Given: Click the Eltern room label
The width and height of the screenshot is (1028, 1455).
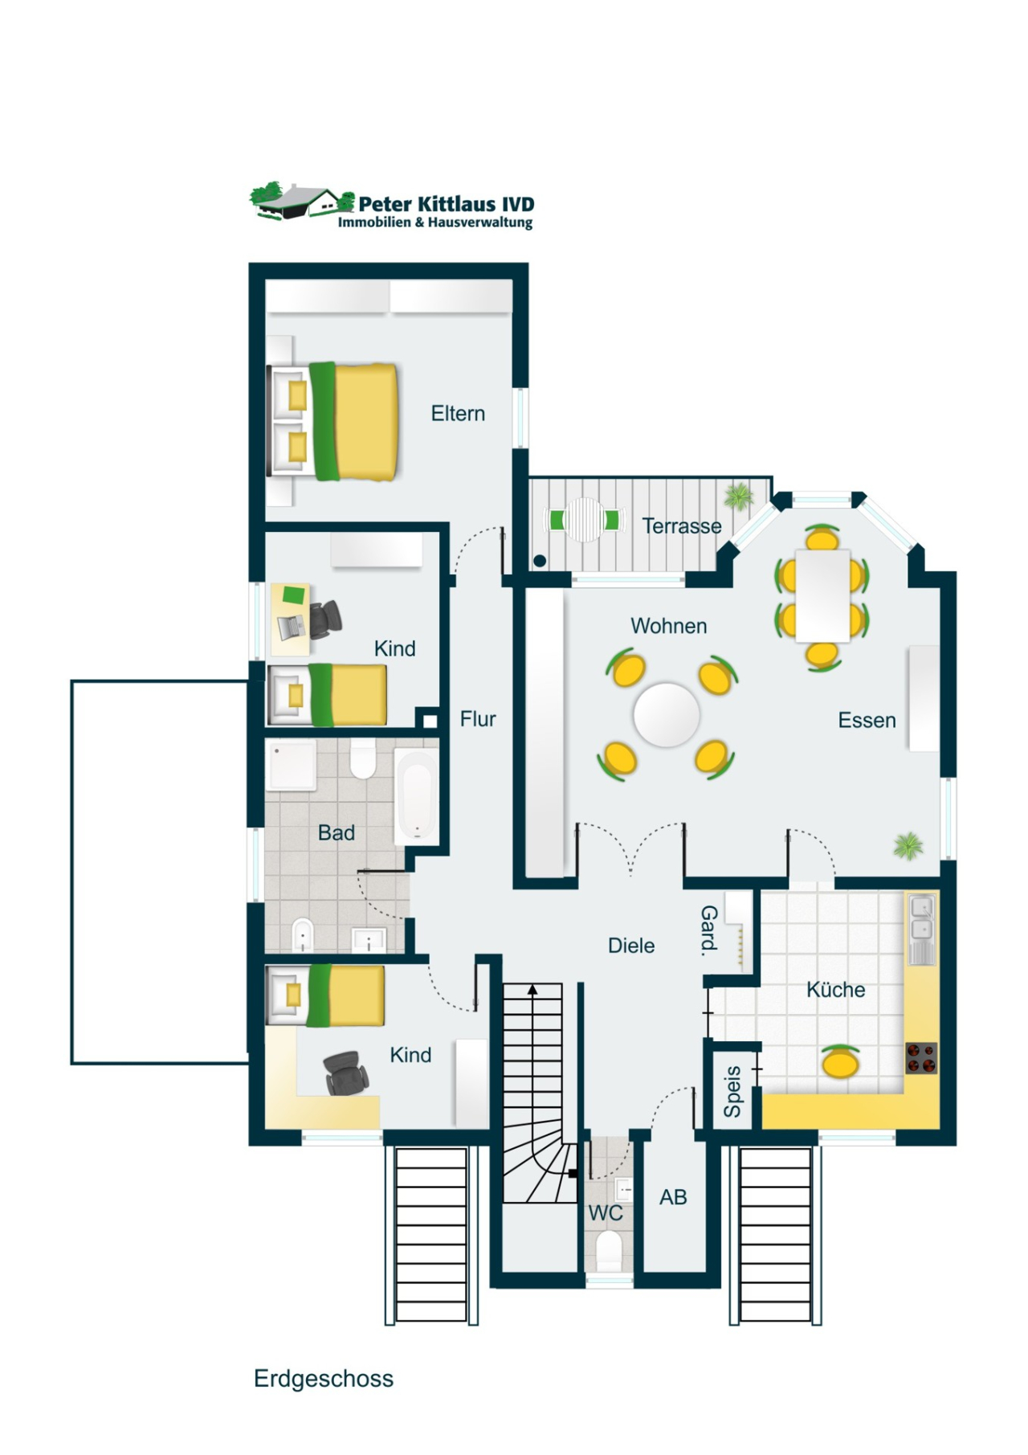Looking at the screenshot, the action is [x=458, y=414].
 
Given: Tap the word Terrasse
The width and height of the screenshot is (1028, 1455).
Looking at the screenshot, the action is [x=682, y=526].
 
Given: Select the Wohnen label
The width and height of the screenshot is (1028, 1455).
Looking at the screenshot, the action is [x=669, y=626].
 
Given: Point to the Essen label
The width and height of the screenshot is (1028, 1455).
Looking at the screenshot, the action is [x=867, y=720].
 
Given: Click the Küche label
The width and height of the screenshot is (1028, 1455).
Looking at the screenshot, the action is [x=835, y=989].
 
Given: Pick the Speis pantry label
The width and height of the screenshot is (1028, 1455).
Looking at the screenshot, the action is [x=732, y=1092].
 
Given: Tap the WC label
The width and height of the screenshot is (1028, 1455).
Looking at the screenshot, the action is [x=606, y=1212].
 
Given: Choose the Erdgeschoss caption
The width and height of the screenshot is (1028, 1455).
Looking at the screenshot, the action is [x=324, y=1379].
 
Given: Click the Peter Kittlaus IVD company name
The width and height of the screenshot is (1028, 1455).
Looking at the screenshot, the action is [x=446, y=204].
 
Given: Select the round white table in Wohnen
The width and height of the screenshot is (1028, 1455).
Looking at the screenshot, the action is [x=667, y=714].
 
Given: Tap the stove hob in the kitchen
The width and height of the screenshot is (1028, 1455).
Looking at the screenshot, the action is [x=921, y=1058].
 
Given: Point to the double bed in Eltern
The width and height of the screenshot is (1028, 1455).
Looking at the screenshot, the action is [x=333, y=422].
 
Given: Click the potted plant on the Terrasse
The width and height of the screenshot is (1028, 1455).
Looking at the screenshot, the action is [x=739, y=497].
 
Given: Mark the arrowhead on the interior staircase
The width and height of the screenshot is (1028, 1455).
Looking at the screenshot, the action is [x=532, y=990].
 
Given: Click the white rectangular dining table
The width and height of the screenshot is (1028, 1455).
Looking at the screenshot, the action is [x=822, y=595].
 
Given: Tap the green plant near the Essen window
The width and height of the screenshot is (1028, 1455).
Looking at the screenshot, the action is [x=908, y=845].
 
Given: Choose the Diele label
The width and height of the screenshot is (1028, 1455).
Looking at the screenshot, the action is [x=631, y=946].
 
